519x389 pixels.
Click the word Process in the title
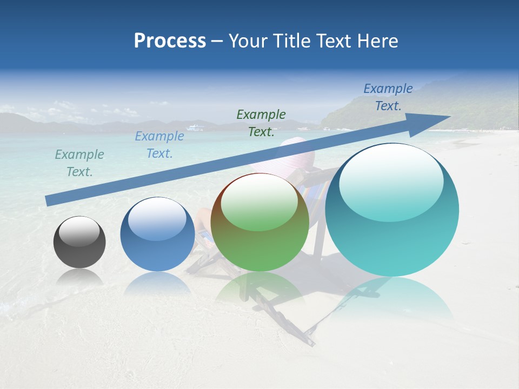coord(170,41)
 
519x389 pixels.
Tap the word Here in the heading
coord(378,41)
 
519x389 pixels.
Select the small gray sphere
coord(79,242)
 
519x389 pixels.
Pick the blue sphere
coord(157,234)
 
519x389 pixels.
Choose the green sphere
coord(259,222)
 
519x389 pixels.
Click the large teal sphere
coord(392,210)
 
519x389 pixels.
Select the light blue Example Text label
coord(159,145)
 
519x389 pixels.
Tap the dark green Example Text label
coord(261,123)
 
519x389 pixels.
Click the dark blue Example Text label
coord(388,97)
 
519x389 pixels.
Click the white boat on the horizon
coord(195,128)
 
